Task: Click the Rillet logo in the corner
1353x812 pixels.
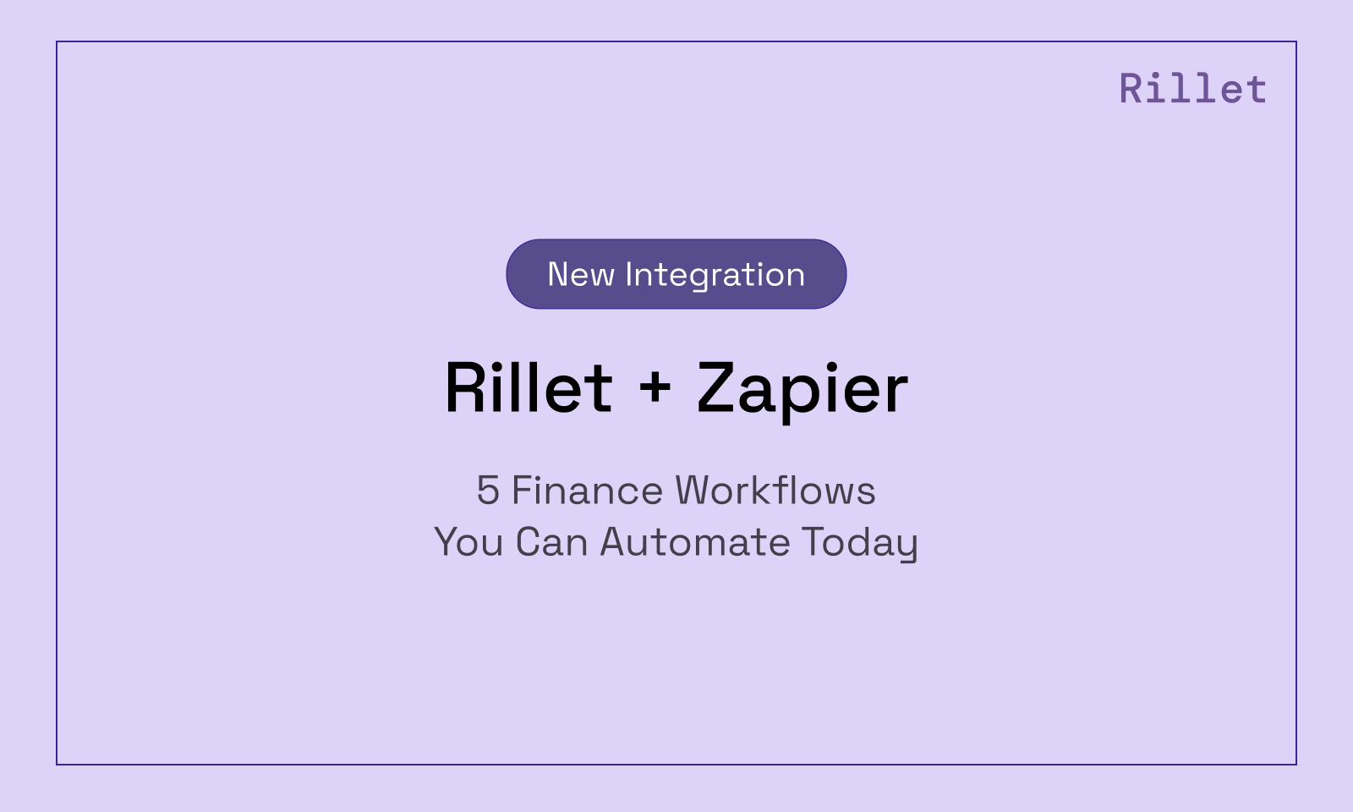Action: (1192, 89)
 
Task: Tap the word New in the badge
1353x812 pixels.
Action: (580, 275)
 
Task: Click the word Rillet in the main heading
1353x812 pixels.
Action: (529, 388)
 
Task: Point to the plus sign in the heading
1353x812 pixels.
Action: (655, 387)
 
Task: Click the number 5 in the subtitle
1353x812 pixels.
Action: (488, 491)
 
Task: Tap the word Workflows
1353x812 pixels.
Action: (775, 491)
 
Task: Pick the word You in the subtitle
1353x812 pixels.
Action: (469, 542)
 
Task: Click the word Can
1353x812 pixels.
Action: (551, 542)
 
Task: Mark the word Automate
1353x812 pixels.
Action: (694, 542)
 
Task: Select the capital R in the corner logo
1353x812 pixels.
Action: (1131, 89)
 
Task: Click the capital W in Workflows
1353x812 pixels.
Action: (698, 491)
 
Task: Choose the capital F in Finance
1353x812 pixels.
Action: (523, 491)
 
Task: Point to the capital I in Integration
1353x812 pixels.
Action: (629, 275)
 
